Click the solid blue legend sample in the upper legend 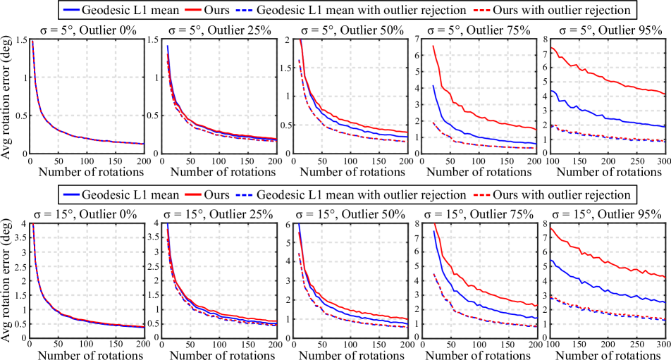click(x=71, y=10)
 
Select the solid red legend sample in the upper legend click(x=193, y=10)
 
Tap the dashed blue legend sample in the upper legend click(x=244, y=11)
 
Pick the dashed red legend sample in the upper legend click(x=481, y=11)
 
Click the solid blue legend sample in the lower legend click(x=71, y=194)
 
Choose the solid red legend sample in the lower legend click(x=193, y=194)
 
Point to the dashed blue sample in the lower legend click(x=244, y=195)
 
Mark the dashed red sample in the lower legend click(x=481, y=195)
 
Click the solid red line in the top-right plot click(x=606, y=80)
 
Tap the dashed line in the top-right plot click(x=606, y=137)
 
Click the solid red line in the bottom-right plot click(x=606, y=261)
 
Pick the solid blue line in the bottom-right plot click(x=606, y=291)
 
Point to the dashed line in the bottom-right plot click(x=606, y=312)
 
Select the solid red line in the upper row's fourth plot click(x=479, y=117)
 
